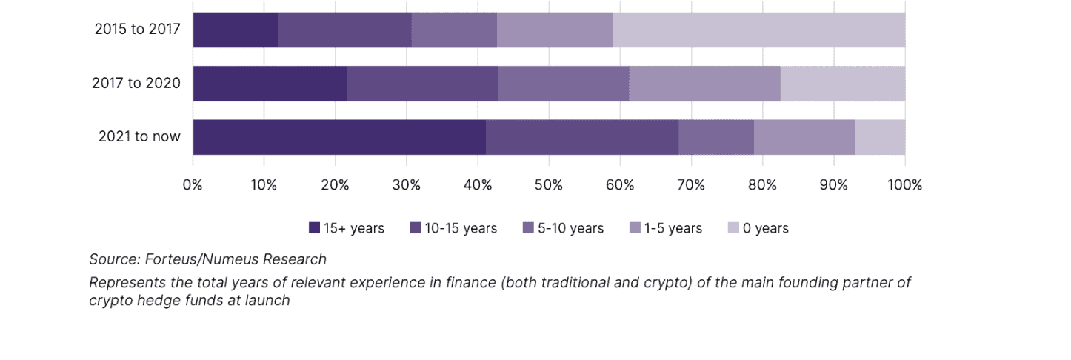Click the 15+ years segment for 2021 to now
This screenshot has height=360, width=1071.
click(x=339, y=137)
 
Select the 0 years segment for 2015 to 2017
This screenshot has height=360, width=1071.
click(x=758, y=30)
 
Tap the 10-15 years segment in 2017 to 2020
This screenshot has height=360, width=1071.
click(x=422, y=84)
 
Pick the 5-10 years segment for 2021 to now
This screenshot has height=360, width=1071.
click(x=716, y=137)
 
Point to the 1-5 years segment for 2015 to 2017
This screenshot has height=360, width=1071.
click(x=555, y=30)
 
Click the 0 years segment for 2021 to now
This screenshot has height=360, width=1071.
click(x=880, y=137)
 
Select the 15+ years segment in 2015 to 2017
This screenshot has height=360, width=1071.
click(x=235, y=30)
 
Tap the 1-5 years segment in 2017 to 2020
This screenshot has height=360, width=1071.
click(x=704, y=84)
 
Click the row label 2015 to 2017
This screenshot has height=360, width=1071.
click(x=138, y=30)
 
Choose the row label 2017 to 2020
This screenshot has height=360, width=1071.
click(x=136, y=84)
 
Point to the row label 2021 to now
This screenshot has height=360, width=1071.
click(x=139, y=137)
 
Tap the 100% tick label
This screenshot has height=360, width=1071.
click(x=904, y=185)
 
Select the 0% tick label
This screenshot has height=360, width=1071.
click(x=193, y=185)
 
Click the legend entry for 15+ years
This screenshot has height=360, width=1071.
click(x=347, y=228)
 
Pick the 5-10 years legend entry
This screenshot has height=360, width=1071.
click(x=563, y=228)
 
